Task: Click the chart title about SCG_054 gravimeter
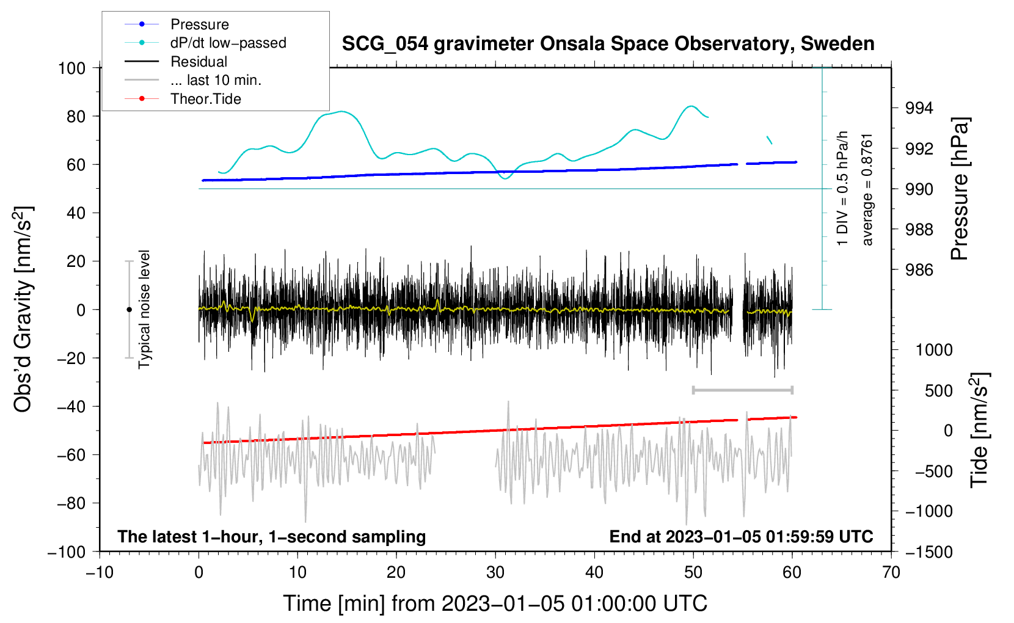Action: tap(608, 44)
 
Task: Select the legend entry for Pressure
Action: tap(200, 24)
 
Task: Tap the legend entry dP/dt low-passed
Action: tap(228, 43)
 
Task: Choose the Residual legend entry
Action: tap(199, 62)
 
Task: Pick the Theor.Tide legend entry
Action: tap(205, 99)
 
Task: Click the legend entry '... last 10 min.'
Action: tap(216, 80)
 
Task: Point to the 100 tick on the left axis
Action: tap(71, 68)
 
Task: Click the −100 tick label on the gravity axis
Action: tap(67, 552)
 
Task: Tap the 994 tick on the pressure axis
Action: tap(919, 108)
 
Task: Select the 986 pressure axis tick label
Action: tap(919, 270)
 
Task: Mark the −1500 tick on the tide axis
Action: tap(928, 552)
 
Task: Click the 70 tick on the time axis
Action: tap(891, 572)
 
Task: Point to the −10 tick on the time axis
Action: tap(100, 572)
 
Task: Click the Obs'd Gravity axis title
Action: tap(23, 309)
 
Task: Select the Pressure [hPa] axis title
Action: tap(960, 189)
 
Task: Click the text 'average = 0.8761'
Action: tap(867, 189)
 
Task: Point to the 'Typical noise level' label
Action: tap(144, 309)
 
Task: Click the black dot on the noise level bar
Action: tap(129, 310)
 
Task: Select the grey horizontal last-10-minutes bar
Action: tap(742, 390)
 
